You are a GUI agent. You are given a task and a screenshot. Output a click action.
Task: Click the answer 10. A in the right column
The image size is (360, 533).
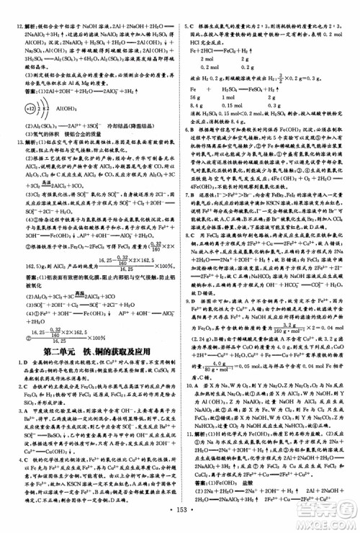[x=192, y=404]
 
